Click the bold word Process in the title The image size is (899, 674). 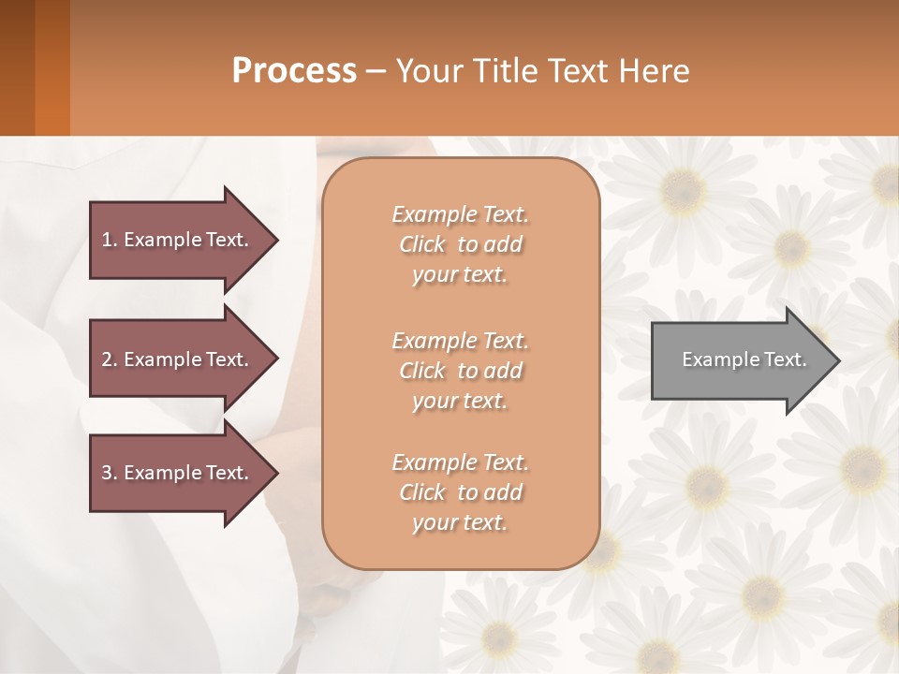(x=294, y=70)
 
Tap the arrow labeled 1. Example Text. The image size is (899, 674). (x=178, y=240)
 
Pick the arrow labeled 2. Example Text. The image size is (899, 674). (x=178, y=359)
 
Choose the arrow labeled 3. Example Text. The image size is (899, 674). (x=178, y=473)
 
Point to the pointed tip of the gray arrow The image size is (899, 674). (x=836, y=360)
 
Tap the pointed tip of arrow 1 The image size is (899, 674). (x=274, y=240)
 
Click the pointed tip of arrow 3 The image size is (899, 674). (x=274, y=473)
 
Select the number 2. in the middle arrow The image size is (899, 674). (x=109, y=359)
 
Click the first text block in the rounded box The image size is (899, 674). (x=460, y=244)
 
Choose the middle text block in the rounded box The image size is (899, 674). (x=460, y=370)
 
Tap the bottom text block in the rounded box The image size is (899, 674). (x=460, y=492)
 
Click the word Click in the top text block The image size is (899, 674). (x=422, y=244)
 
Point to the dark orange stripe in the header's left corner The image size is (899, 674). (x=52, y=67)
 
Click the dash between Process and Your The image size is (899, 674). (x=376, y=71)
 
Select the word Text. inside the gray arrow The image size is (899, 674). (x=785, y=359)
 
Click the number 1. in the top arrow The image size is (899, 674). (x=109, y=240)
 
